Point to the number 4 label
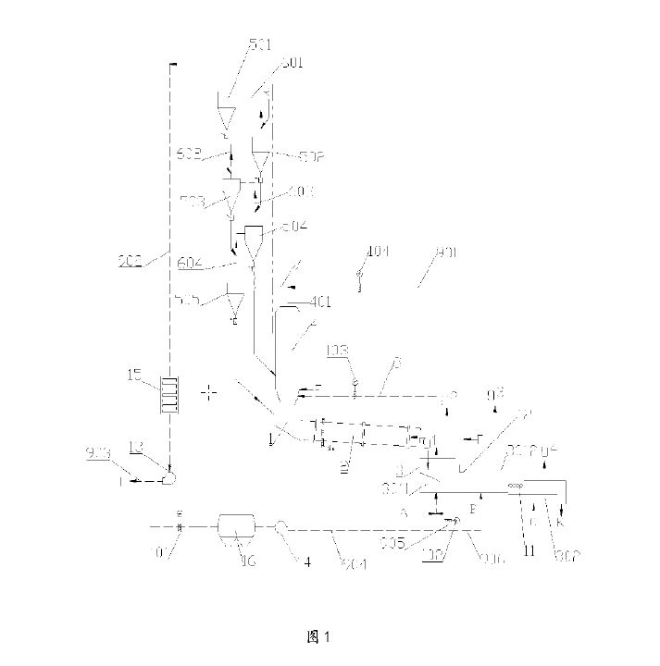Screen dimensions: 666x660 pyautogui.click(x=302, y=560)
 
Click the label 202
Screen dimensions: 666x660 pyautogui.click(x=130, y=262)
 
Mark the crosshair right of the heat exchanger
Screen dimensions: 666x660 pyautogui.click(x=210, y=393)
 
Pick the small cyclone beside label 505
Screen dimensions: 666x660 pyautogui.click(x=235, y=304)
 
